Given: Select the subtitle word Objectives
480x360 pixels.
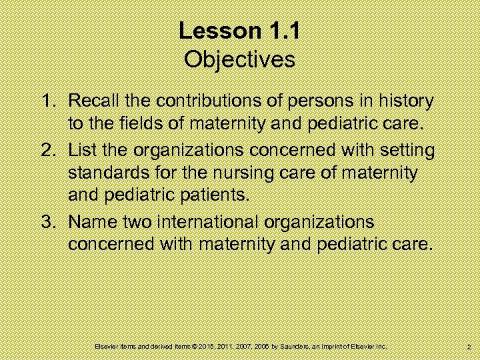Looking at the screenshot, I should click(239, 60).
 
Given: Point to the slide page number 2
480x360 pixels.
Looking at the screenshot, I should click(470, 347).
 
